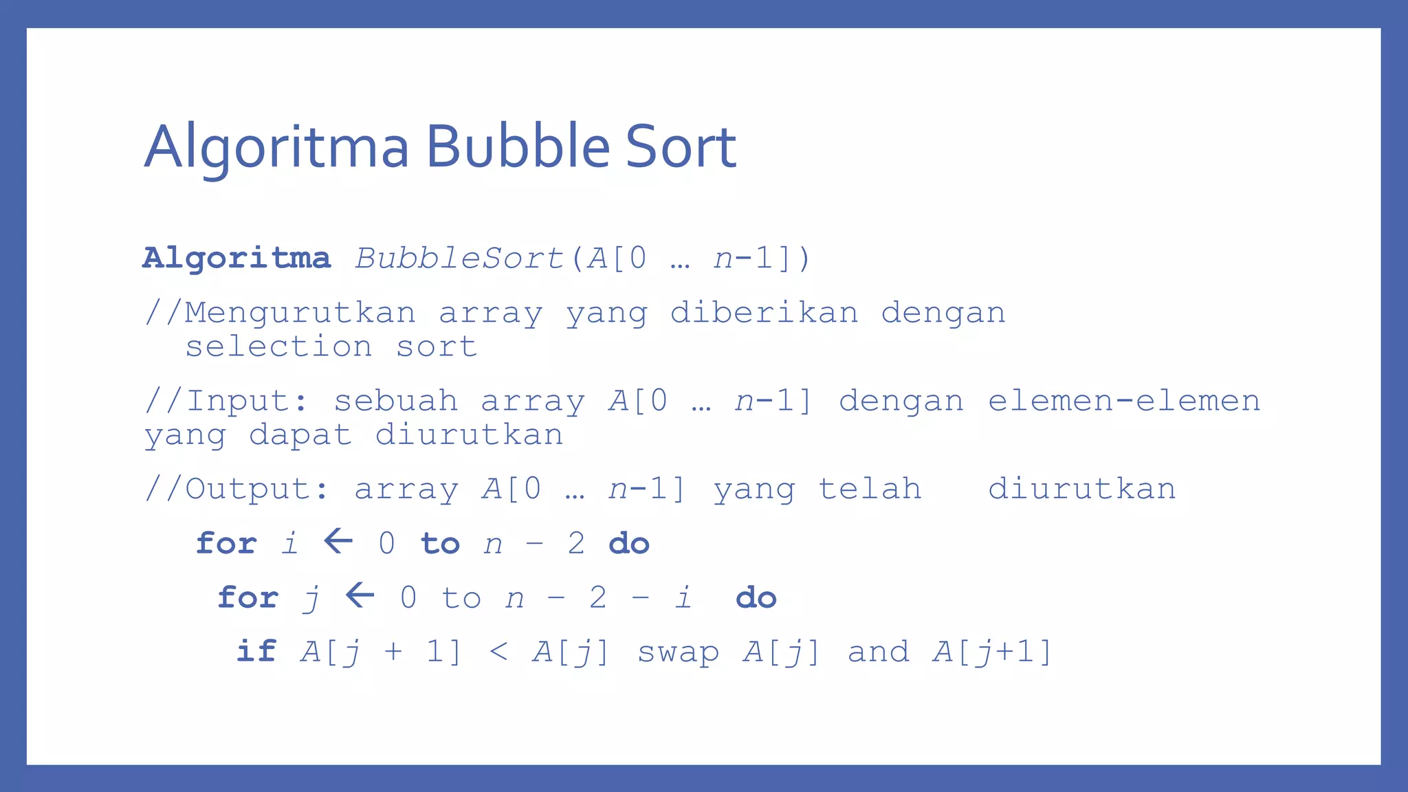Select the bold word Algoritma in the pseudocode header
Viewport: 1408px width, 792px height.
[x=236, y=258]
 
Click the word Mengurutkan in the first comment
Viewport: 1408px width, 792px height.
[x=300, y=313]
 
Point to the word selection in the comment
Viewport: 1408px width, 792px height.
[x=278, y=346]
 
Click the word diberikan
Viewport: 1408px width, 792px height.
[x=764, y=313]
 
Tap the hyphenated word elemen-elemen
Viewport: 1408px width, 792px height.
[x=1124, y=401]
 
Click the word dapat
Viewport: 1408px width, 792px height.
[x=300, y=435]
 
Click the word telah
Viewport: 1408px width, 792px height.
[x=870, y=489]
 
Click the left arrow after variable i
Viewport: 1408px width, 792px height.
[x=338, y=541]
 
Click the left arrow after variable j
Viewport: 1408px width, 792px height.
[x=360, y=595]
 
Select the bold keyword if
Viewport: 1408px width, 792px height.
[x=256, y=650]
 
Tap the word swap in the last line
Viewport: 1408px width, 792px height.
[x=678, y=652]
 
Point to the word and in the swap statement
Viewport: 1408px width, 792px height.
[x=878, y=652]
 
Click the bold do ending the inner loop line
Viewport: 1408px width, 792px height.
[x=756, y=597]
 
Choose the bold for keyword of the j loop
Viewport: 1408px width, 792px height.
[x=247, y=597]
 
